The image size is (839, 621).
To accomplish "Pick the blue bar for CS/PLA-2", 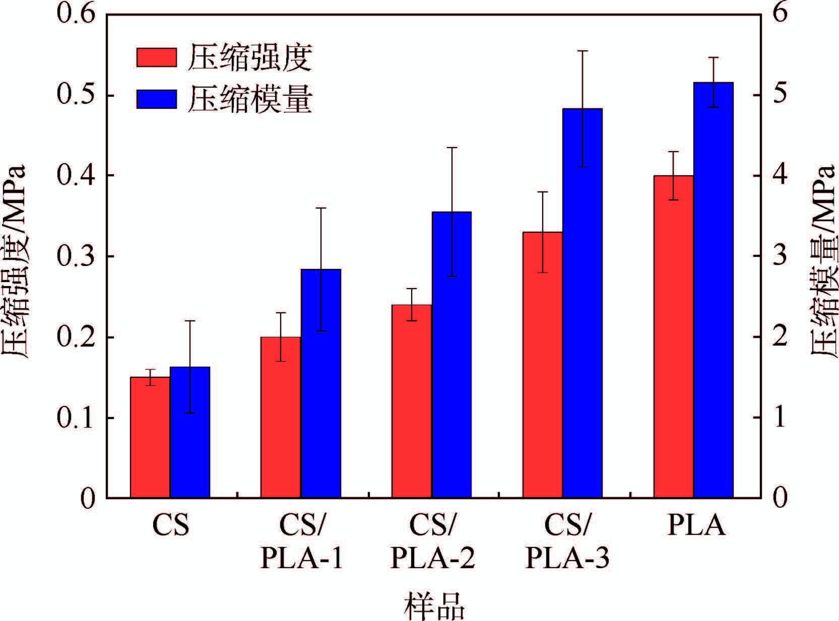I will pyautogui.click(x=451, y=355).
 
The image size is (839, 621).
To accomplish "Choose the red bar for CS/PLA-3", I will pyautogui.click(x=542, y=365).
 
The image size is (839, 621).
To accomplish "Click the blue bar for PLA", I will pyautogui.click(x=713, y=290).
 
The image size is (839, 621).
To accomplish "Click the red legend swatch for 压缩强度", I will pyautogui.click(x=157, y=57).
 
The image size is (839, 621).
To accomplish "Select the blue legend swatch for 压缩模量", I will pyautogui.click(x=157, y=99).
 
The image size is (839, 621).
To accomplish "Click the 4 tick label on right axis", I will pyautogui.click(x=780, y=176).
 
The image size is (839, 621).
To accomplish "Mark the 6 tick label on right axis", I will pyautogui.click(x=780, y=14).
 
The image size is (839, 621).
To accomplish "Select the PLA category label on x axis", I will pyautogui.click(x=696, y=526).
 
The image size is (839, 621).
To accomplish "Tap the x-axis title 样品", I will pyautogui.click(x=433, y=606).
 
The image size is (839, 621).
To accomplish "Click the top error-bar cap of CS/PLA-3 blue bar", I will pyautogui.click(x=582, y=51).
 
